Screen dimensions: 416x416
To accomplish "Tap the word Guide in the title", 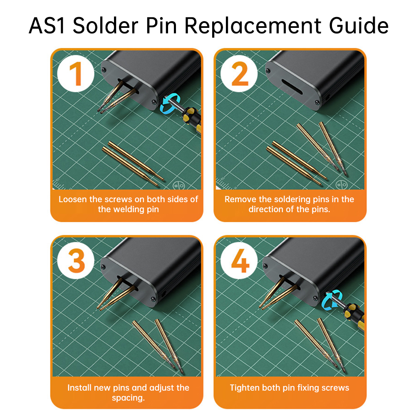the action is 359,25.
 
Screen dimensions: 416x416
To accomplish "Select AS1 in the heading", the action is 47,26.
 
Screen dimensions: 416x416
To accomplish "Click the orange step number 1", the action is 76,74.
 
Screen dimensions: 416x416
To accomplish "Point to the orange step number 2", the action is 240,74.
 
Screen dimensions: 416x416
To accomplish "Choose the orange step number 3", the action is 77,260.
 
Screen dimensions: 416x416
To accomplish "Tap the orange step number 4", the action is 240,260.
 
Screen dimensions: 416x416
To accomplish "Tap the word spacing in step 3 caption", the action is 128,398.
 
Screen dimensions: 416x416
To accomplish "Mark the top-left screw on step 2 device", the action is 268,71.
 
